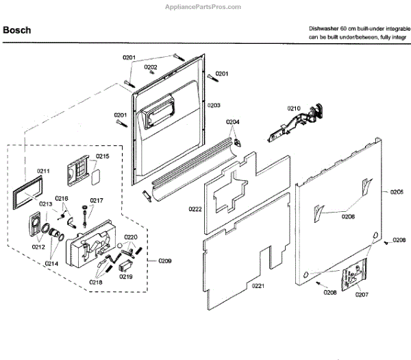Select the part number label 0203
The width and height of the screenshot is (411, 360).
coord(214,106)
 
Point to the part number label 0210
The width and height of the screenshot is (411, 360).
coord(294,108)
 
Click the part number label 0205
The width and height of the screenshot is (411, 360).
coord(397,193)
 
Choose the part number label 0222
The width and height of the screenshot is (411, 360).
coord(195,209)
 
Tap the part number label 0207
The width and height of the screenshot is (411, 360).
coord(361,295)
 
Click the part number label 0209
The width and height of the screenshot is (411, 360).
coord(165,261)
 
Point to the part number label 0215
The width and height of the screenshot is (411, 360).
coord(102,157)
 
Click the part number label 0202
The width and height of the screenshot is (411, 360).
coord(151,67)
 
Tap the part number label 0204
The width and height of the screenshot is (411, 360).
coord(233,122)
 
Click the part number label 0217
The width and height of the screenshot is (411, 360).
coord(97,201)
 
